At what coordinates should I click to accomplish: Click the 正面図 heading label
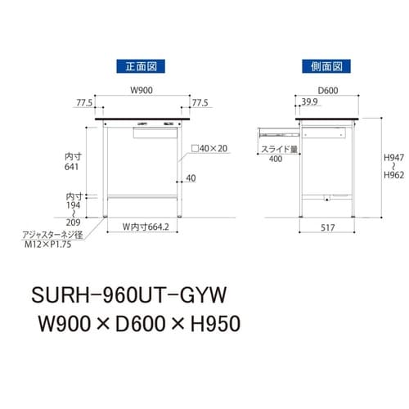click(x=142, y=64)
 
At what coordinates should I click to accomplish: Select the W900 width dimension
click(x=142, y=90)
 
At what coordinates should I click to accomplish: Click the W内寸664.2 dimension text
click(x=144, y=227)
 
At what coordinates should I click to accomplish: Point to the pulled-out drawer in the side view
click(x=278, y=128)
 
